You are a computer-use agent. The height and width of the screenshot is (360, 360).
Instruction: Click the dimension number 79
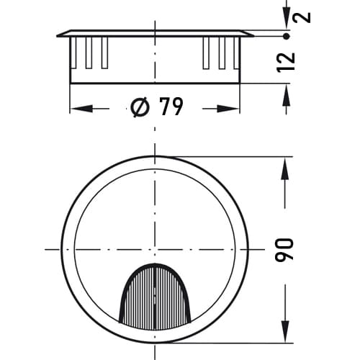[171, 107]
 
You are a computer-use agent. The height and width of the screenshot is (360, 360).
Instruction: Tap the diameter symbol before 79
[140, 107]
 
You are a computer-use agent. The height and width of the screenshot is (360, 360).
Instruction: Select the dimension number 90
[284, 250]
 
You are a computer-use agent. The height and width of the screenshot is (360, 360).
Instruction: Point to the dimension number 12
[286, 62]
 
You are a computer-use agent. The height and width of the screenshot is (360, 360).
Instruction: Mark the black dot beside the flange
[287, 37]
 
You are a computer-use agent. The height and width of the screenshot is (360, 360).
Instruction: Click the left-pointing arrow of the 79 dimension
[82, 109]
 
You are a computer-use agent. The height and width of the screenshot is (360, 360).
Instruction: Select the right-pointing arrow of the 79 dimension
[228, 109]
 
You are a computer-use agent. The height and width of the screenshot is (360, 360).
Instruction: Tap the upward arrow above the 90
[285, 168]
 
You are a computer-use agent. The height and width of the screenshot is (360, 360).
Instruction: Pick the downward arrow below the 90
[285, 331]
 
